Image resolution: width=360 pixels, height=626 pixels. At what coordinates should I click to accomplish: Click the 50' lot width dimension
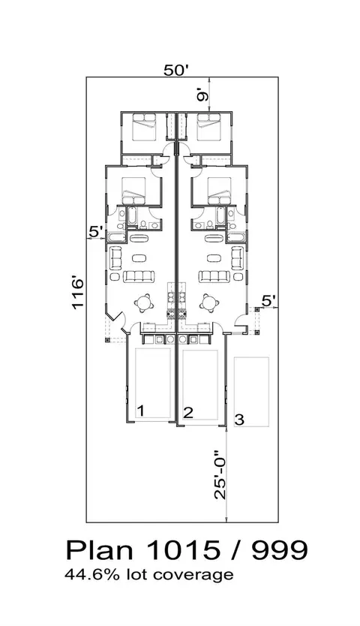(x=176, y=71)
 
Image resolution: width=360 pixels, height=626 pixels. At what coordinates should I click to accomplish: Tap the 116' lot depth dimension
(x=77, y=293)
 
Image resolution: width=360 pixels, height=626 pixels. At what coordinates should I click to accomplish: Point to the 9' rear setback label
(x=202, y=96)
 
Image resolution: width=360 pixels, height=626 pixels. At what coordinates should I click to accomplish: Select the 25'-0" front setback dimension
(x=220, y=475)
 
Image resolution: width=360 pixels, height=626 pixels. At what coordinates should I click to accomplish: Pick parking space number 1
(x=140, y=410)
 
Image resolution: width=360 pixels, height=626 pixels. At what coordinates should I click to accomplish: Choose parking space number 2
(x=188, y=412)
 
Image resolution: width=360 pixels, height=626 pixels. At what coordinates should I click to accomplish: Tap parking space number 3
(x=239, y=420)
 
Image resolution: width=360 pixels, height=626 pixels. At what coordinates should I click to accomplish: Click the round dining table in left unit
(x=145, y=302)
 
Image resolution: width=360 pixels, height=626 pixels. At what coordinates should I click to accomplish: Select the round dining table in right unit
(x=208, y=302)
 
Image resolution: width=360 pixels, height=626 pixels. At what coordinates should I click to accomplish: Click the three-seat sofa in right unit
(x=215, y=276)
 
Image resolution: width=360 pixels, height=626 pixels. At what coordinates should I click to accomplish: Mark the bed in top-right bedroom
(x=208, y=127)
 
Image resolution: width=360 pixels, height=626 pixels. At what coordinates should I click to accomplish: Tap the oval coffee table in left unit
(x=139, y=257)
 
